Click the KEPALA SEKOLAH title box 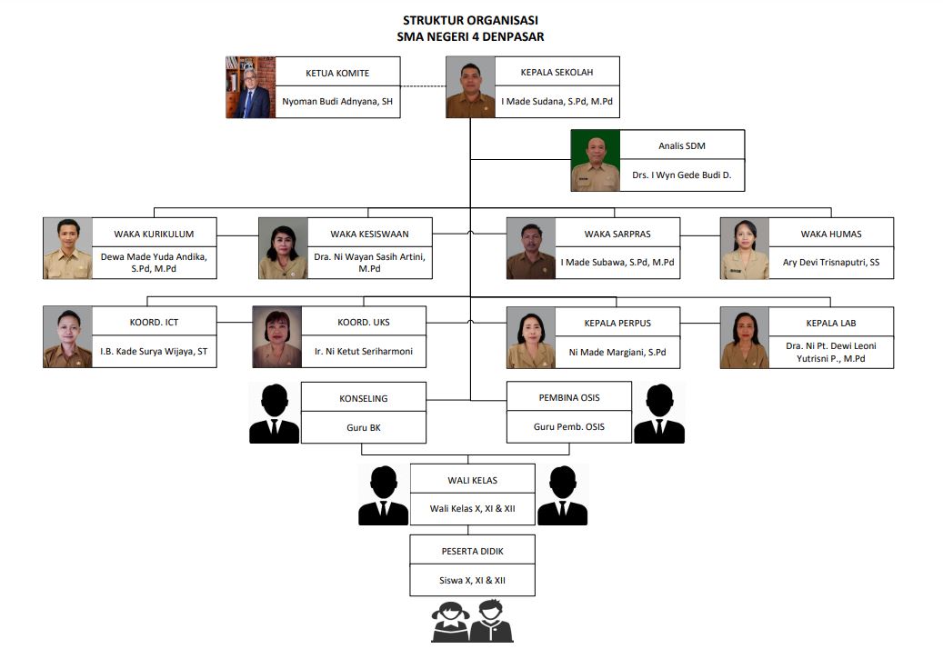pos(557,73)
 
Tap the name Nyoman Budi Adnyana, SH pos(336,102)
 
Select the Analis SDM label pos(682,145)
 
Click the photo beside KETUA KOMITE pos(250,87)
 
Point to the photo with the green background pos(596,160)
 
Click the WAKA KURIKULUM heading pos(154,234)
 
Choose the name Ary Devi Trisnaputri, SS pos(831,263)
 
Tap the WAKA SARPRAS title pos(617,234)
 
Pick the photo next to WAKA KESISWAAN pos(282,248)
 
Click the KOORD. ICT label pos(154,323)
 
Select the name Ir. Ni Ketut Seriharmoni pos(364,352)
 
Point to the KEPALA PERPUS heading pos(617,323)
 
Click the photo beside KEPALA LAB pos(744,337)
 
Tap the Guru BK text pos(363,427)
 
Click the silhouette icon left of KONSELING pos(275,414)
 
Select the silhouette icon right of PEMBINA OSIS pos(659,414)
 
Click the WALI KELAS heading pos(472,480)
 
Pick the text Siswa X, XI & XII pos(472,579)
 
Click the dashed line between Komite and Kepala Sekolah pos(423,86)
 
